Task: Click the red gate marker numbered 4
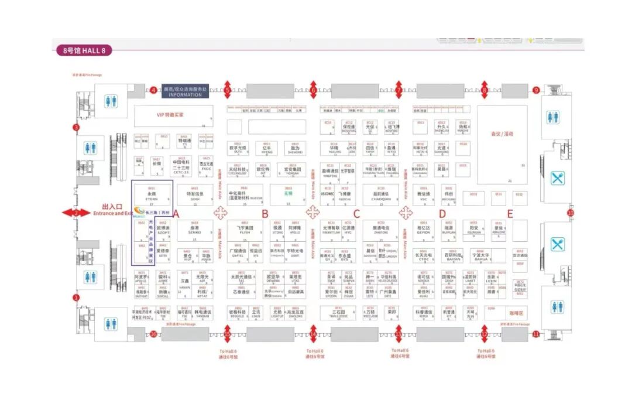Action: point(153,90)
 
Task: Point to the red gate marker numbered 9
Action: point(536,90)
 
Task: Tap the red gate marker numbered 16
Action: point(153,334)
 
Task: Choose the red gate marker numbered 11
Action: point(536,334)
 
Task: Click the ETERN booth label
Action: point(152,197)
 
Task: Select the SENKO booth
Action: point(194,231)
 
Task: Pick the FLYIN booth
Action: point(245,231)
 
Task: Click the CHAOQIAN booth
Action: point(380,197)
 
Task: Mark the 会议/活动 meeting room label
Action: point(502,134)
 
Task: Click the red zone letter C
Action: point(356,214)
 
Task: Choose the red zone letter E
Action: point(510,214)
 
